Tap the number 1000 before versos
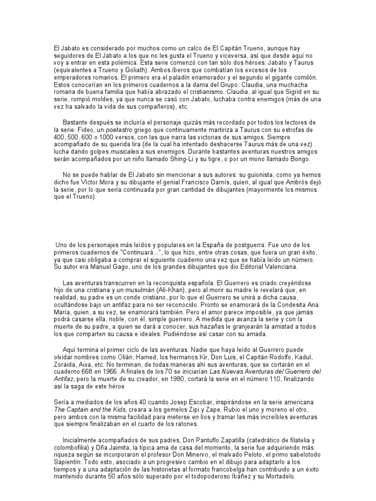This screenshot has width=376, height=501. (106, 137)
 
